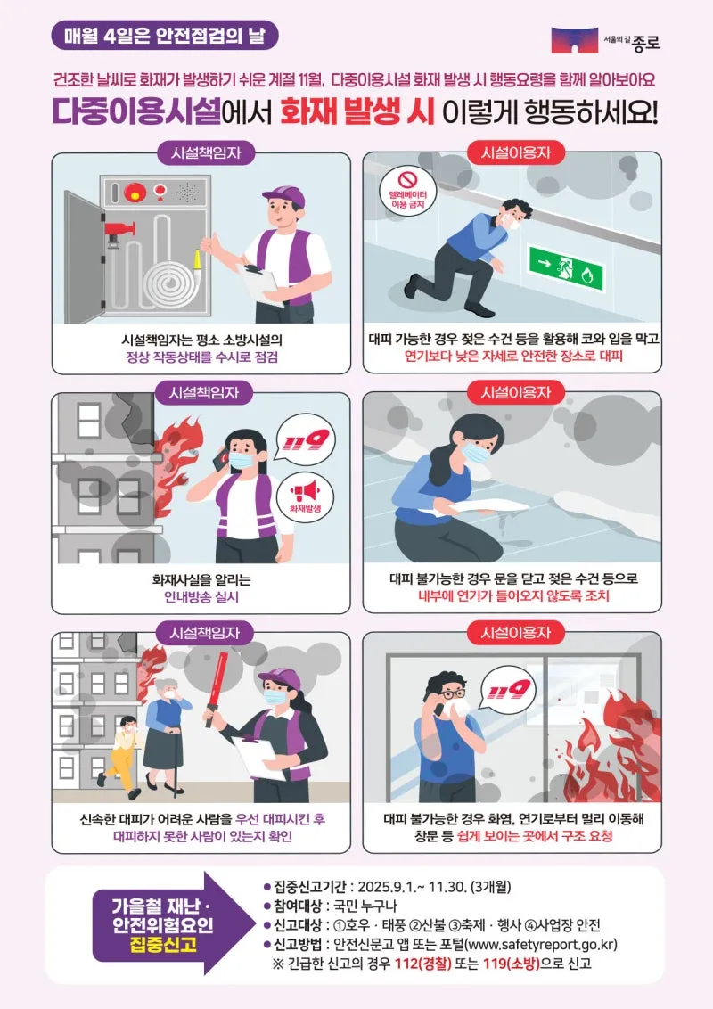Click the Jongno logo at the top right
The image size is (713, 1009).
(x=606, y=40)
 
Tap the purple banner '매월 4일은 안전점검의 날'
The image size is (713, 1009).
(x=165, y=35)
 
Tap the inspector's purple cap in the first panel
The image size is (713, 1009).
(x=283, y=195)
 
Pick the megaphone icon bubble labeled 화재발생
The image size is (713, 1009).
(x=305, y=497)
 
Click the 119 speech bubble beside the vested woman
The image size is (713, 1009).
(x=305, y=439)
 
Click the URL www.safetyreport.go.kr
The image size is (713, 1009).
(x=540, y=944)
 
